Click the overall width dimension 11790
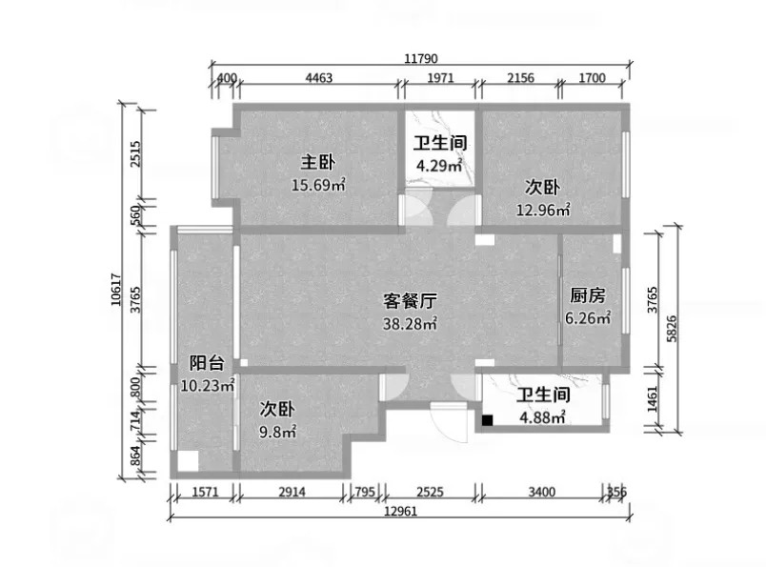click(x=421, y=59)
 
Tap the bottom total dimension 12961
click(x=400, y=512)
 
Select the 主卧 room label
click(x=317, y=162)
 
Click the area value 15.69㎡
click(x=318, y=185)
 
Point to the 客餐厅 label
click(x=410, y=300)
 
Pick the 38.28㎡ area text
click(x=410, y=324)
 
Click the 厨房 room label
click(x=587, y=295)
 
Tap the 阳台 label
click(x=207, y=363)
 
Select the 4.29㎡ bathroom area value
click(x=439, y=165)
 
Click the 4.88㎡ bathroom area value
click(x=542, y=417)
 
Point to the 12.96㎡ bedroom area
click(x=543, y=210)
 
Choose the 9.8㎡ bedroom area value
click(x=277, y=432)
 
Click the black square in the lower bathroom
click(x=487, y=420)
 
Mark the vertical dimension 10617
click(x=116, y=290)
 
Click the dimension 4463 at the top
click(x=319, y=78)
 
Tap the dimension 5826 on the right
click(x=672, y=329)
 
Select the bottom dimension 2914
click(x=292, y=492)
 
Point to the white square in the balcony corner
click(x=188, y=461)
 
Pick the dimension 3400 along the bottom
click(x=542, y=492)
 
